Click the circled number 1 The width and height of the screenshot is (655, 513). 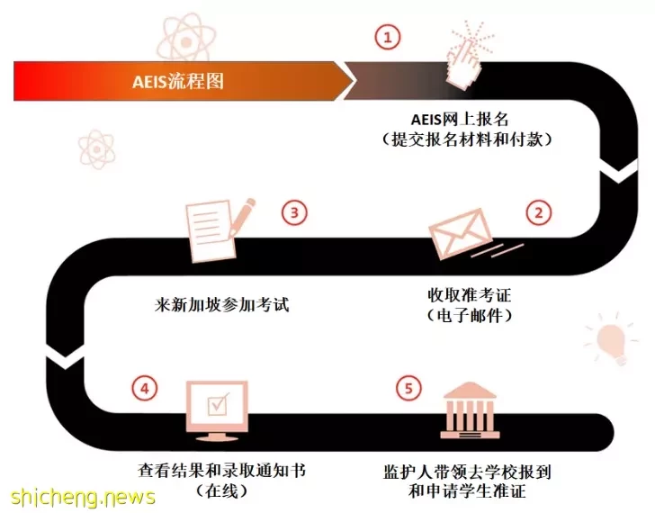point(388,37)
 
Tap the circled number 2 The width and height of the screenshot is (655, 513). point(538,212)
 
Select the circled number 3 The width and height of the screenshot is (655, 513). point(294,212)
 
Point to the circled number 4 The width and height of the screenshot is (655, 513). point(145,389)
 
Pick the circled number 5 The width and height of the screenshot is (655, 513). point(408,388)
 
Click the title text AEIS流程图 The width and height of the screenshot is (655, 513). point(178,81)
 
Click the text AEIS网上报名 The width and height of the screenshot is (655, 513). point(460,120)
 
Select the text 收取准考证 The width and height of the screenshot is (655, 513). point(469,295)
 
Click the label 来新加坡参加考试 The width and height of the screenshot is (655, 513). point(222,304)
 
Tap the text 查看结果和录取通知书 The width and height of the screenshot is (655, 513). point(222,471)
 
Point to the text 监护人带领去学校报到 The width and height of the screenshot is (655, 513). point(468,472)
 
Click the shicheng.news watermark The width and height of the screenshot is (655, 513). point(83,497)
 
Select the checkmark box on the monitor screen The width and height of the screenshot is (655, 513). point(218,404)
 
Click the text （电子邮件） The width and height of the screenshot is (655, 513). point(469,315)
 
